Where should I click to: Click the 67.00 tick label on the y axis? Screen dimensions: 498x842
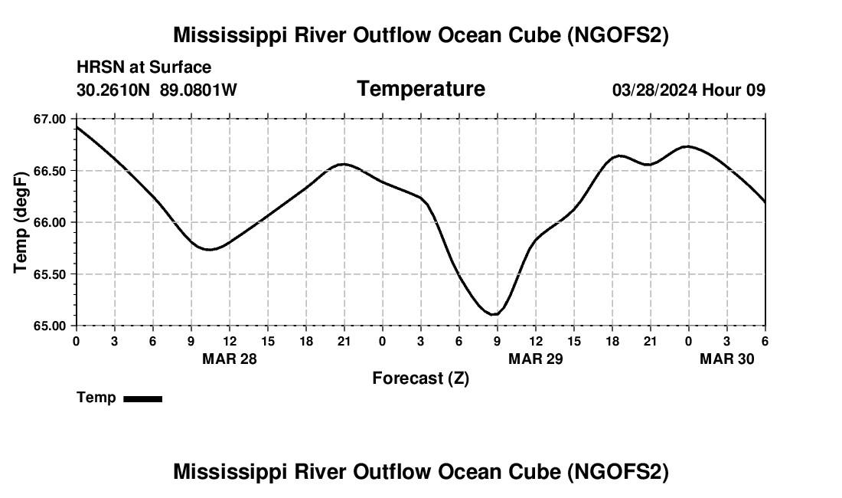50,119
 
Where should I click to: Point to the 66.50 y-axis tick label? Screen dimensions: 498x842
50,171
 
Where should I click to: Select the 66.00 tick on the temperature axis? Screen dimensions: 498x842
50,222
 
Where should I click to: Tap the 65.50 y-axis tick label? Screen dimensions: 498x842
50,274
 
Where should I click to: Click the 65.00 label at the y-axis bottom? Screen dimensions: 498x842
50,326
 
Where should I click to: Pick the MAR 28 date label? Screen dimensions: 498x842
230,359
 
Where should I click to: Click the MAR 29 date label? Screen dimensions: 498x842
536,359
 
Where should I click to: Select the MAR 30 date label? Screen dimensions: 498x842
727,359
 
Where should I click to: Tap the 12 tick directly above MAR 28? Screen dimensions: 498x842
230,340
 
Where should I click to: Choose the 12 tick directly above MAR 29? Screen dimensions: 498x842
536,340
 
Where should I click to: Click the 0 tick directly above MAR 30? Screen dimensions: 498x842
688,340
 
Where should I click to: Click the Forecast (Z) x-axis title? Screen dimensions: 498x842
420,378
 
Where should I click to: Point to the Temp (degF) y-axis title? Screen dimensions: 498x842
21,222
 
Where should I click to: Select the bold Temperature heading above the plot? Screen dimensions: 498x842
421,89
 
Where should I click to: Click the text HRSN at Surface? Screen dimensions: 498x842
144,67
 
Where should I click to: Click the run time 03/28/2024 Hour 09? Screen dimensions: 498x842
688,90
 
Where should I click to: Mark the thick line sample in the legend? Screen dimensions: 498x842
142,398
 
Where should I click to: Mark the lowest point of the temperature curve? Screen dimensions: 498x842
494,314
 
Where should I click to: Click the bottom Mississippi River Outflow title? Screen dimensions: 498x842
421,472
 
